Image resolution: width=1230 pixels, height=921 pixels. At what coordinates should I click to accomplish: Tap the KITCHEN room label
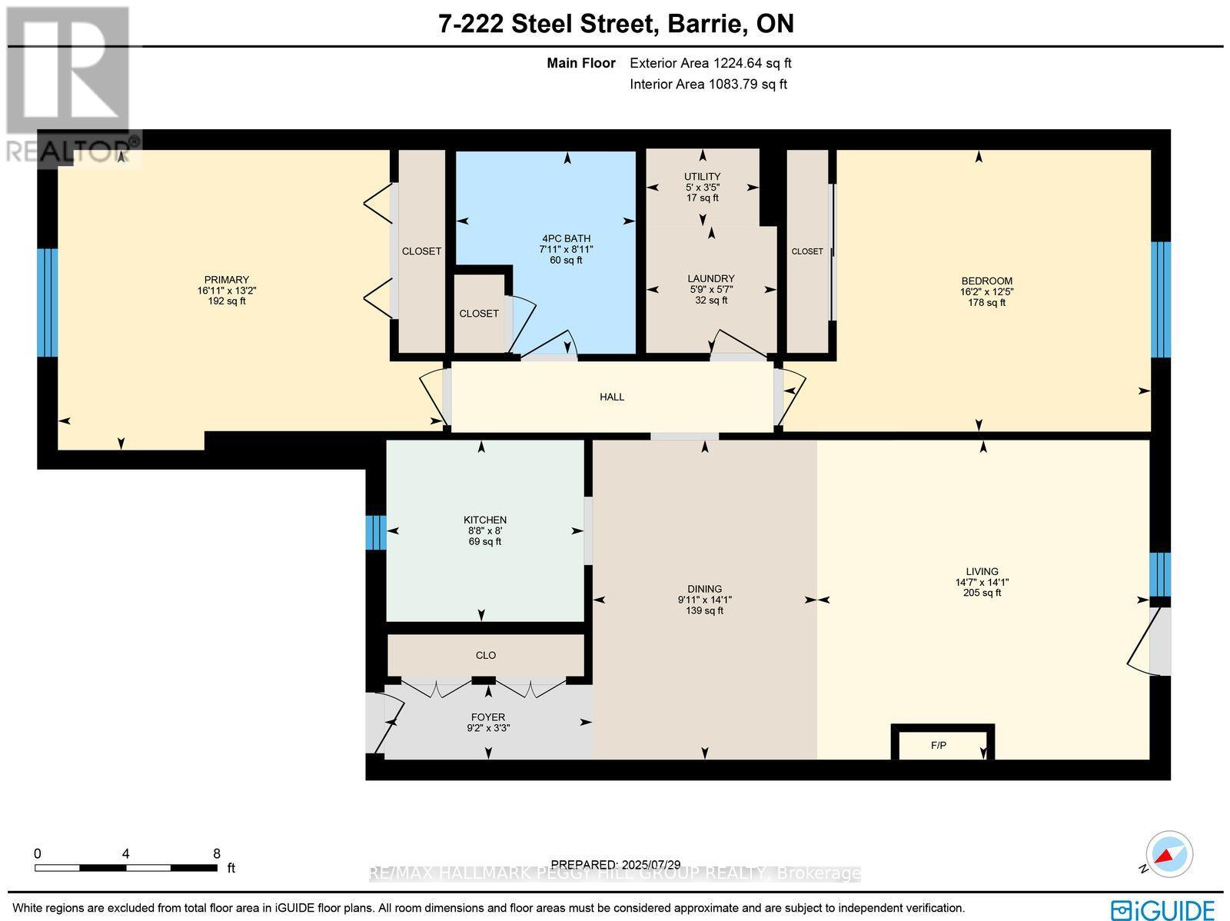[484, 520]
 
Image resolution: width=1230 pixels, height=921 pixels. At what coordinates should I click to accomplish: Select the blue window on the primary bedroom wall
[47, 302]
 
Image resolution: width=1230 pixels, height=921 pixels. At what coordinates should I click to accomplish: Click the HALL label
[612, 397]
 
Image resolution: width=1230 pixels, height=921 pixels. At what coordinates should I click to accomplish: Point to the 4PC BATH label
[565, 239]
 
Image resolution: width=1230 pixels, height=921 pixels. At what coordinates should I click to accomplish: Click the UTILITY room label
[702, 177]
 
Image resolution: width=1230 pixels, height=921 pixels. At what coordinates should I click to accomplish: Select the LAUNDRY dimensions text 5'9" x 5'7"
[711, 290]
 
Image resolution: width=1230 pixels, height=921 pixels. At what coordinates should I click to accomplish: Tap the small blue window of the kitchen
[374, 532]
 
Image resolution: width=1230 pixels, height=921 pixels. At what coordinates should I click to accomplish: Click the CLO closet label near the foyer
[485, 656]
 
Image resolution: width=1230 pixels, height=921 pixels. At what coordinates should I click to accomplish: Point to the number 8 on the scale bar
[217, 853]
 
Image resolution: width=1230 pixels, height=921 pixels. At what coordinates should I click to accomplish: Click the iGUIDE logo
[1163, 909]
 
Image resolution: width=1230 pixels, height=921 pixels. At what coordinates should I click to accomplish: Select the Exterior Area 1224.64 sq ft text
[710, 64]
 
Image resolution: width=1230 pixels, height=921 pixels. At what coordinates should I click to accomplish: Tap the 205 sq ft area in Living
[982, 593]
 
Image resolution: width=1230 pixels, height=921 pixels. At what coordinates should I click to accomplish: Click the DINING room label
[704, 590]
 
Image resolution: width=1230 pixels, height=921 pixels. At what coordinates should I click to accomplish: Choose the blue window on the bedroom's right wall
[1160, 300]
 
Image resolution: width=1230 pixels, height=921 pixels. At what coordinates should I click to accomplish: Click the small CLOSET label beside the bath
[478, 314]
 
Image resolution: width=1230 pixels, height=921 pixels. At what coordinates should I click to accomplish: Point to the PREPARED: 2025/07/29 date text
[616, 865]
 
